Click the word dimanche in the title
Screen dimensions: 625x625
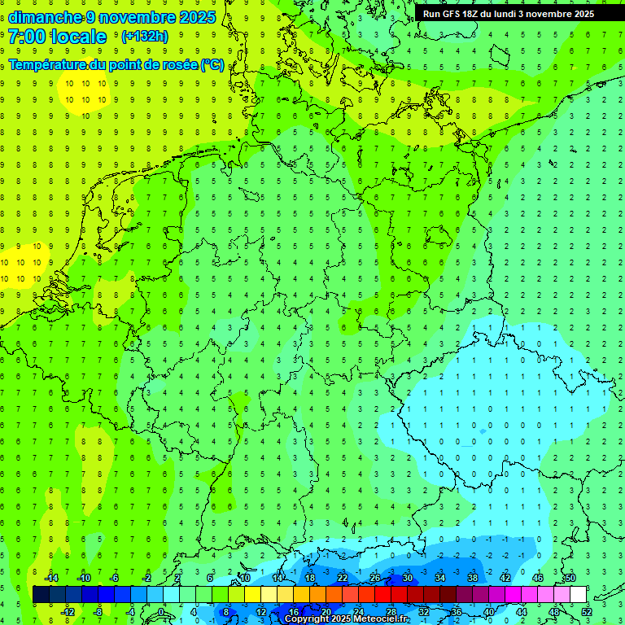coord(45,17)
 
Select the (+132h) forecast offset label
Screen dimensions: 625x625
coord(144,37)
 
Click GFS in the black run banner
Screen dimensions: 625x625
coord(450,14)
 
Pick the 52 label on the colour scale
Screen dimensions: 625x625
coord(586,612)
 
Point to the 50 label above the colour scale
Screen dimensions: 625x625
coord(570,578)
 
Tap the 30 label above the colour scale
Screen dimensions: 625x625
coord(408,578)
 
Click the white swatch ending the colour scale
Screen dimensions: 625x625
coord(578,595)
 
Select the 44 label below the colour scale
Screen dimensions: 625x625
coord(521,612)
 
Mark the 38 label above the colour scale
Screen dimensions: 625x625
coord(473,578)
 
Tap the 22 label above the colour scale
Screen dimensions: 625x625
coord(343,578)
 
